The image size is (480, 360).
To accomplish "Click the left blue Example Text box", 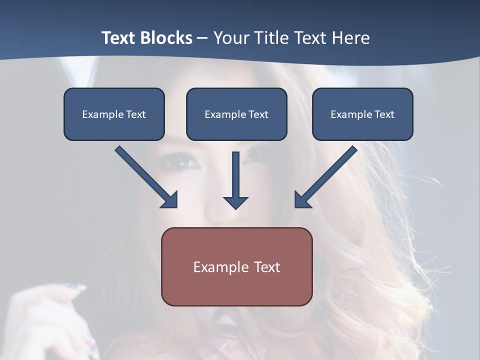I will [114, 114].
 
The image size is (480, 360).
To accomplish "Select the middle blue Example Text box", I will [236, 114].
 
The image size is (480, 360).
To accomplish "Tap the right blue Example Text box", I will [362, 114].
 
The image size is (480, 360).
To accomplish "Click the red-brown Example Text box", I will [236, 266].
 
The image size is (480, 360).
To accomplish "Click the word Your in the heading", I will [230, 38].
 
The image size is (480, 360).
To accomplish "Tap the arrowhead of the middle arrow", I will [235, 202].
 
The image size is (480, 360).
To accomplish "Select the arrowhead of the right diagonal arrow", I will [301, 200].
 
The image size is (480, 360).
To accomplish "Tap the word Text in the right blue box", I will [384, 114].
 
